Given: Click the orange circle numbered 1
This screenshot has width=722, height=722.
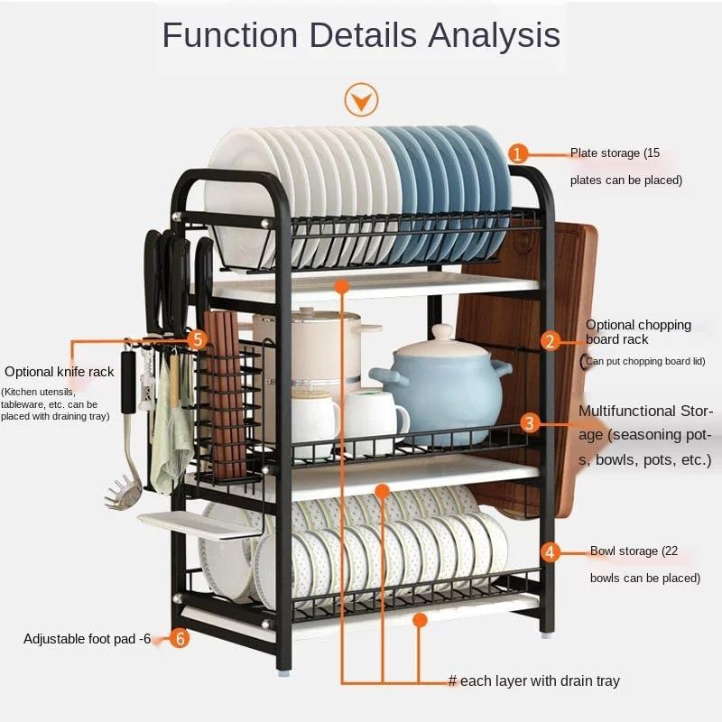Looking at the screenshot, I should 518,153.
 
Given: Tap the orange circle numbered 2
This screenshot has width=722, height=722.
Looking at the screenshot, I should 551,340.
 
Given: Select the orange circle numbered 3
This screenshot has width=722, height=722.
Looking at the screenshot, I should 530,422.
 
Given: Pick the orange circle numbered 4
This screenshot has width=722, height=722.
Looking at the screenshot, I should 551,551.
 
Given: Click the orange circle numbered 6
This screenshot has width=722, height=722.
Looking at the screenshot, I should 180,639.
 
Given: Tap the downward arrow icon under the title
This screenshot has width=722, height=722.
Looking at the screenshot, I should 361,99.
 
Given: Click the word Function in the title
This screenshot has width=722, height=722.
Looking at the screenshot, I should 230,35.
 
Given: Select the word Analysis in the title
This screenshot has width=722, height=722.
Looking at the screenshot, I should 494,35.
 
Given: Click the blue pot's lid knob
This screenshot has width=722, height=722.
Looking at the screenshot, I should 442,333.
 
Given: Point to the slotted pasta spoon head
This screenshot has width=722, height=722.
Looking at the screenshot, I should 126,495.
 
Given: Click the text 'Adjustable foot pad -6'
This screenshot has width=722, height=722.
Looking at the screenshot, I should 88,639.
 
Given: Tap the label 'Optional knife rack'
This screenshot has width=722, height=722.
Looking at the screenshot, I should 60,371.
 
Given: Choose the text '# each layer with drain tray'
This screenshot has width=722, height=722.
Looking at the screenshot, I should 534,680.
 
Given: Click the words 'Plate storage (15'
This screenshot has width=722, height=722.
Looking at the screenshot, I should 615,153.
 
